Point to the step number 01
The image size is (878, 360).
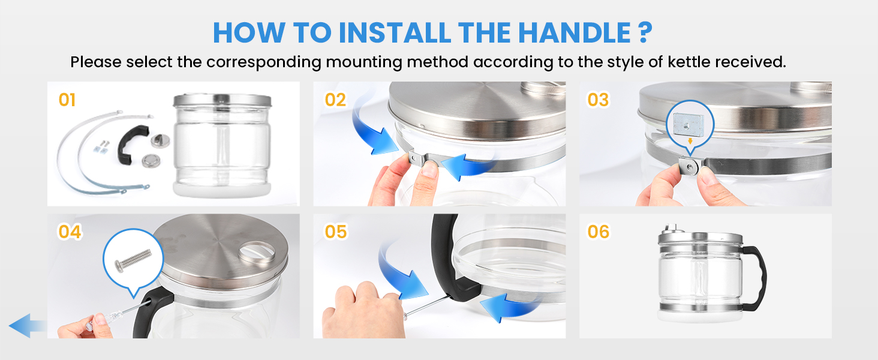pyautogui.click(x=67, y=100)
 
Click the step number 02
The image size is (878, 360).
pyautogui.click(x=335, y=100)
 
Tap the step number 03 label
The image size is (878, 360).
pyautogui.click(x=597, y=100)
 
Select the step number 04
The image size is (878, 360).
pyautogui.click(x=70, y=231)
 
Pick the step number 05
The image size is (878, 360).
pyautogui.click(x=335, y=231)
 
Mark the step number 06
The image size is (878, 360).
pyautogui.click(x=597, y=231)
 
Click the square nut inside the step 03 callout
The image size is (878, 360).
pyautogui.click(x=690, y=125)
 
